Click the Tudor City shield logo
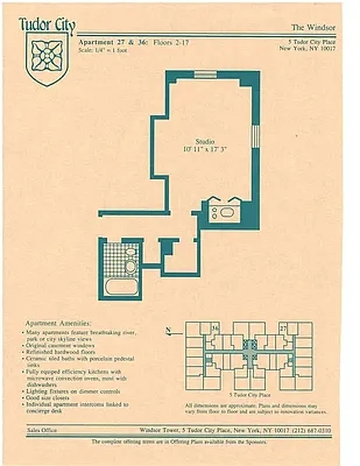tap(47, 58)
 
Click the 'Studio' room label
tap(204, 142)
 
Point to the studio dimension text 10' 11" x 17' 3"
tap(204, 150)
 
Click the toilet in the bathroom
tap(130, 266)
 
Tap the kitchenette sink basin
tap(227, 213)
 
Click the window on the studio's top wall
tap(205, 74)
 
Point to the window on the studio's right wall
tap(255, 135)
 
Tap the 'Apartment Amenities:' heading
tap(58, 323)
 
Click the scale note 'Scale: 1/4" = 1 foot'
tap(103, 50)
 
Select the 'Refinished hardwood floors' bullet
tap(59, 352)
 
